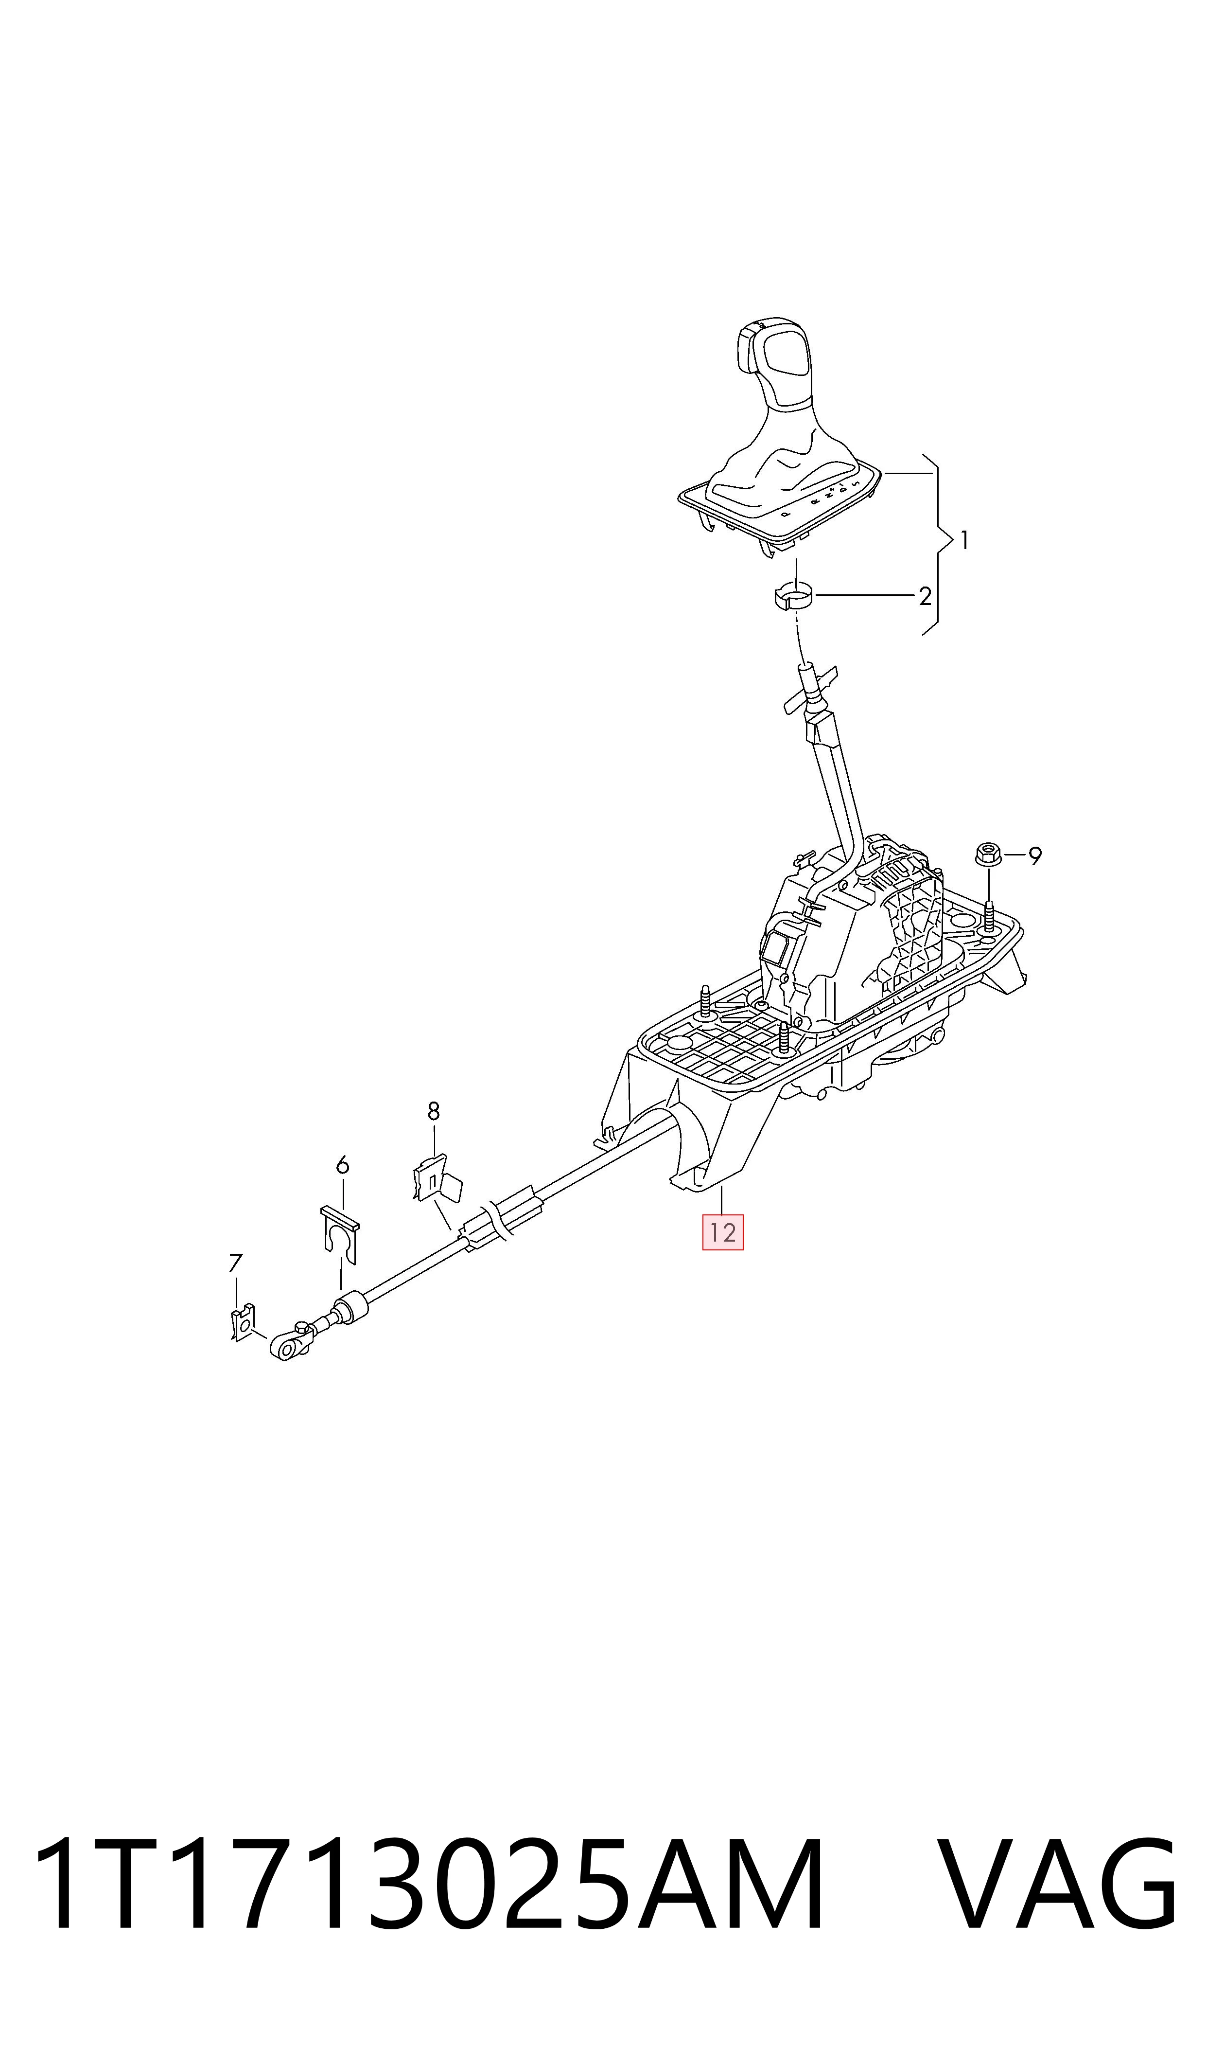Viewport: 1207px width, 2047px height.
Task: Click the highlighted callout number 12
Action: (722, 1232)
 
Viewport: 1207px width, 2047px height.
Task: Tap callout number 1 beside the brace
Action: (964, 540)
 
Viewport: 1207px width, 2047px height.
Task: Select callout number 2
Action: (925, 596)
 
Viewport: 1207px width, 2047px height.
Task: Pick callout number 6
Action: (342, 1166)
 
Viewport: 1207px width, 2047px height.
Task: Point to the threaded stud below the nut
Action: (989, 916)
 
